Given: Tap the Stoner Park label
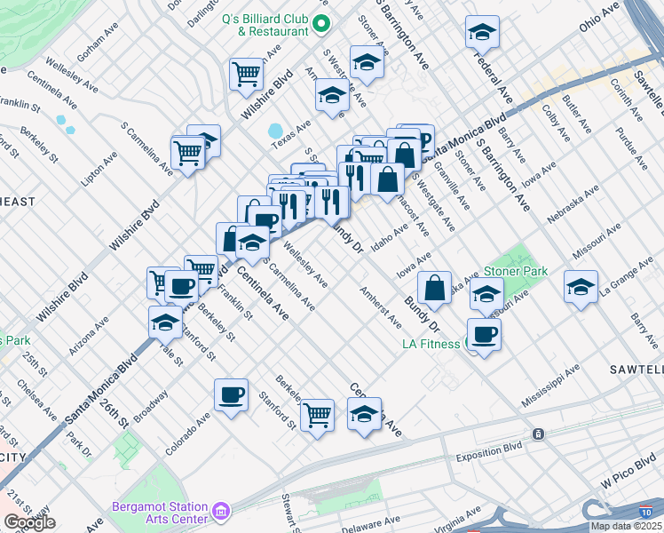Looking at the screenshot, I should (515, 271).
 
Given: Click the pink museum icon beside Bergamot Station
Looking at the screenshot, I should (221, 511).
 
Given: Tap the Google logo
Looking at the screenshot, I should (29, 522).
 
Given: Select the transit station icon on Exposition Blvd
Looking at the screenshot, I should (537, 434).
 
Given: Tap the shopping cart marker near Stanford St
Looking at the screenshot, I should (318, 415).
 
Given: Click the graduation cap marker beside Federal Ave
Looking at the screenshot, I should (482, 33).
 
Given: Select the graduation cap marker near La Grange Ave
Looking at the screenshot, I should (581, 288).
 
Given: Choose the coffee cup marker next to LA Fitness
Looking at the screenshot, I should (484, 334).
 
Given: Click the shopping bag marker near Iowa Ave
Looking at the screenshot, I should (434, 288).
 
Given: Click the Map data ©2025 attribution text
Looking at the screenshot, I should (621, 526).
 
